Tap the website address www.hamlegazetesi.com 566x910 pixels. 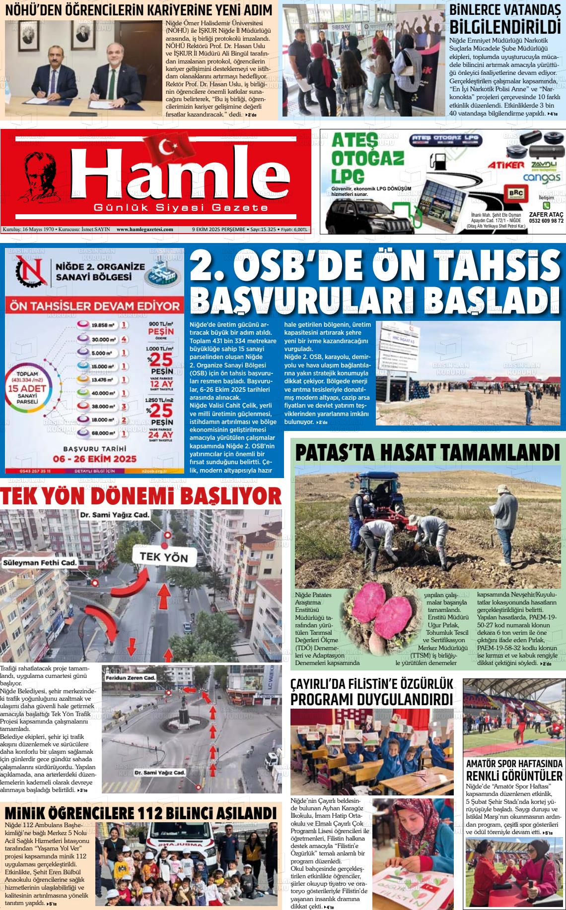(144, 230)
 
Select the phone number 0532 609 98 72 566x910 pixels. (546, 221)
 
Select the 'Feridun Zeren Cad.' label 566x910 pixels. (131, 678)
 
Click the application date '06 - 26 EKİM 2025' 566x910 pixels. (95, 459)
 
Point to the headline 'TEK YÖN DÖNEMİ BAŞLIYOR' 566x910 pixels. (141, 496)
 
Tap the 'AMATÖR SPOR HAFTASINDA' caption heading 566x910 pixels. (514, 764)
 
